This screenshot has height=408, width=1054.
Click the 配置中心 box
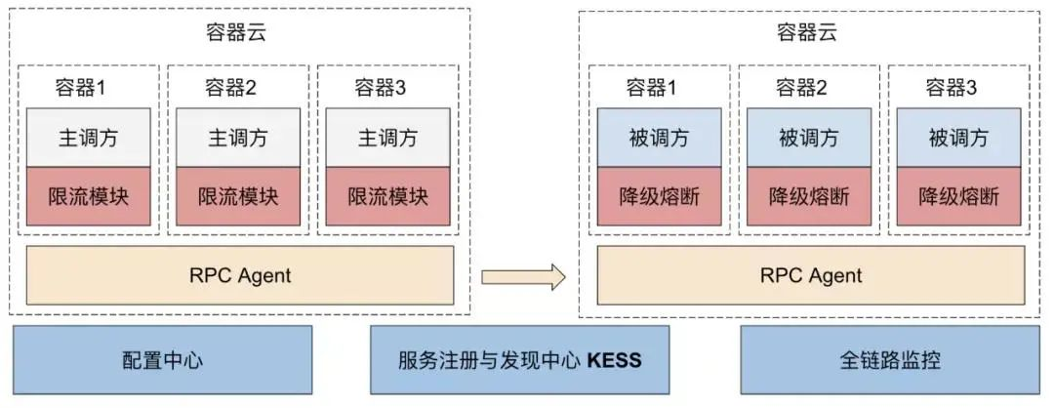(162, 360)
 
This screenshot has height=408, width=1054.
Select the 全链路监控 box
(890, 360)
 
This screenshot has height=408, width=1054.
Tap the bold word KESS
(614, 360)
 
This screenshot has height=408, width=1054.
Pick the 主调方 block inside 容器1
(89, 138)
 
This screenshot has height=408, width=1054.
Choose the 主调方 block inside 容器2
(238, 138)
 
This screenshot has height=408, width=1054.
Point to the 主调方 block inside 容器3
(388, 138)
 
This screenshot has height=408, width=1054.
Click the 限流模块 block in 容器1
(89, 196)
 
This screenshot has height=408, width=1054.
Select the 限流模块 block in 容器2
(238, 196)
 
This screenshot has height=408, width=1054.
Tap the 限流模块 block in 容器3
(388, 196)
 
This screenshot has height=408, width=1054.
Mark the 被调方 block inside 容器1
(659, 138)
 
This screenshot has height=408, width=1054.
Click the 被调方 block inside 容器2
(808, 138)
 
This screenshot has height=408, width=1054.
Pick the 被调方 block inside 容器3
(958, 138)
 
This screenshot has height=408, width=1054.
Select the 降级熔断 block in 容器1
(659, 196)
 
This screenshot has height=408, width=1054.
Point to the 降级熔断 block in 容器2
(808, 196)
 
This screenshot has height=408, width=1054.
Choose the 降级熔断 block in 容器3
(958, 196)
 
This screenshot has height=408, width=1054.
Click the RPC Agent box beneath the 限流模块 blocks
(240, 275)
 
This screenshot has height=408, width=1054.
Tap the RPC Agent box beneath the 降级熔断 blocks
(811, 275)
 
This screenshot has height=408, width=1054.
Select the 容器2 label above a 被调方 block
(801, 88)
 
